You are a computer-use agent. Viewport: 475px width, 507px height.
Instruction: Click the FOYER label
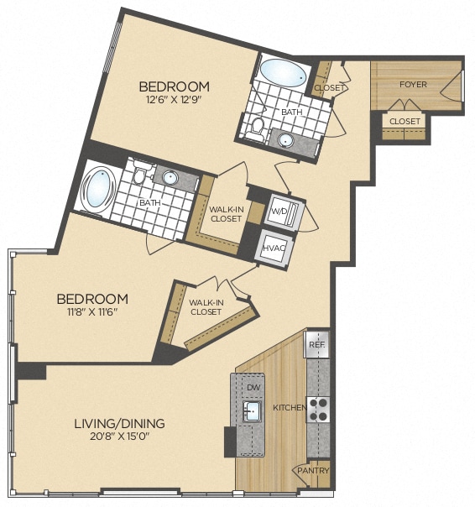412,84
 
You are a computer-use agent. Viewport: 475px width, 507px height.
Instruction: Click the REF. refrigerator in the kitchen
317,345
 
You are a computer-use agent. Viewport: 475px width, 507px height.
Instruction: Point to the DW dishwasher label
253,387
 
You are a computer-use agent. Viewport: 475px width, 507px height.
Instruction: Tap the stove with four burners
318,409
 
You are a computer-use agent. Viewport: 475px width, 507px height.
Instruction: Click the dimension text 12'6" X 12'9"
174,100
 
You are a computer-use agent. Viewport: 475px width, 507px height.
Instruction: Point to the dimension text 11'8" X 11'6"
91,312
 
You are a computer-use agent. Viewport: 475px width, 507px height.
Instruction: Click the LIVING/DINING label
117,423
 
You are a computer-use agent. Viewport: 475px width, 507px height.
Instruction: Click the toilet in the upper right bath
258,127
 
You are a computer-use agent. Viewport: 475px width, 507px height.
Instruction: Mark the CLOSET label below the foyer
405,121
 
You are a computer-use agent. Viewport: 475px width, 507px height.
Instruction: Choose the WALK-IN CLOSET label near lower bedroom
206,306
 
